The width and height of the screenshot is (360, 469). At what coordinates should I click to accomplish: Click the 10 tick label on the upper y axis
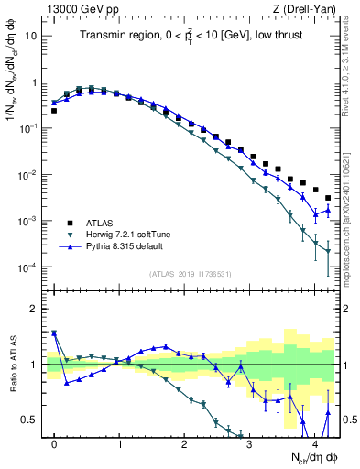32,36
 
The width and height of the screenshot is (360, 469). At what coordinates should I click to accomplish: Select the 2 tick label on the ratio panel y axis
35,309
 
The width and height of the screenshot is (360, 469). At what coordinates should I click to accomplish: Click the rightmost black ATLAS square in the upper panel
328,198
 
